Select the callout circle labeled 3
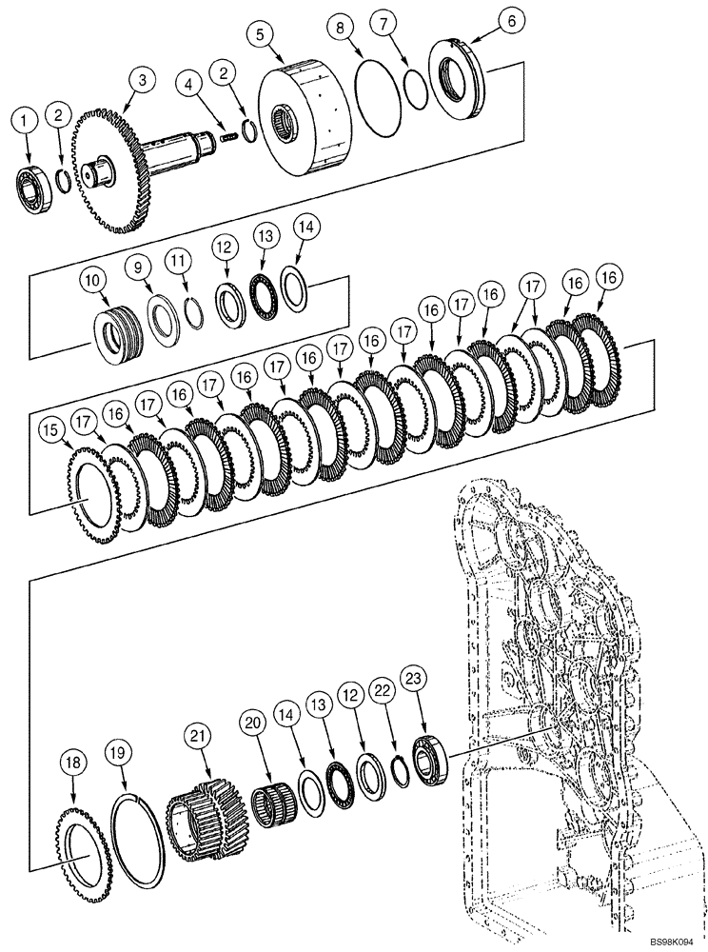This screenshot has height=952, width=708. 142,81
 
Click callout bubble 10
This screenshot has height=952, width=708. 92,280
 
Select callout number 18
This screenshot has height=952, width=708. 72,760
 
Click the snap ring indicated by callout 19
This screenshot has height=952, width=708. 134,844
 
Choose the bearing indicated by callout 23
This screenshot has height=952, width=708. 430,759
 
